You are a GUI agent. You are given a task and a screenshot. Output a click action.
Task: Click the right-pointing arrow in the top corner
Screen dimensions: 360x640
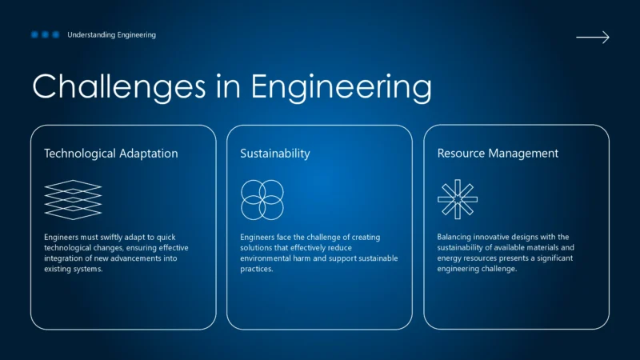[593, 37]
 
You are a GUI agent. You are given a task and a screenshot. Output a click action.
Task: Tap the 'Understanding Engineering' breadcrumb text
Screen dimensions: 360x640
[112, 35]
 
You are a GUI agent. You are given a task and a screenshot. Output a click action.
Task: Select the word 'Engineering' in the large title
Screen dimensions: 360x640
[342, 87]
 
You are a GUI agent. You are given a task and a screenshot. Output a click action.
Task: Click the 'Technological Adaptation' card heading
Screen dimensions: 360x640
[111, 153]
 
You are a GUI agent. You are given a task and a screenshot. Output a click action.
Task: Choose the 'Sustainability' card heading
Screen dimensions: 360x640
[275, 153]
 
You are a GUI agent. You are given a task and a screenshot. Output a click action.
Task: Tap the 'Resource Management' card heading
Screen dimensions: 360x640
[498, 153]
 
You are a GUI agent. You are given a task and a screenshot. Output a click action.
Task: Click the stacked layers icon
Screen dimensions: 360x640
[73, 199]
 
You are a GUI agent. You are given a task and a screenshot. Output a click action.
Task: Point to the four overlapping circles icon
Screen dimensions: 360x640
[262, 199]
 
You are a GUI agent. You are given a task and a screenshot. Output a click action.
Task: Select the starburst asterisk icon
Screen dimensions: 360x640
[458, 199]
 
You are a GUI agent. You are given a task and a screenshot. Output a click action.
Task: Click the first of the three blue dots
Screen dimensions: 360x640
[35, 35]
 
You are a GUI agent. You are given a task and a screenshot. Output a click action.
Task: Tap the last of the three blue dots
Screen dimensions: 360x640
[56, 35]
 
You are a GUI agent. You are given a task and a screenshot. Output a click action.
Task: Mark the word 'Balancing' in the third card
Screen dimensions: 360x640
[455, 238]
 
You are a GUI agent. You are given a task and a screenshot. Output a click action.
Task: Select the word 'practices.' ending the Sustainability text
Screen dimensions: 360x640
[257, 269]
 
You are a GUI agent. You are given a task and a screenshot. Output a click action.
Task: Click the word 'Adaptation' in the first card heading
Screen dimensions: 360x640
[149, 153]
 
